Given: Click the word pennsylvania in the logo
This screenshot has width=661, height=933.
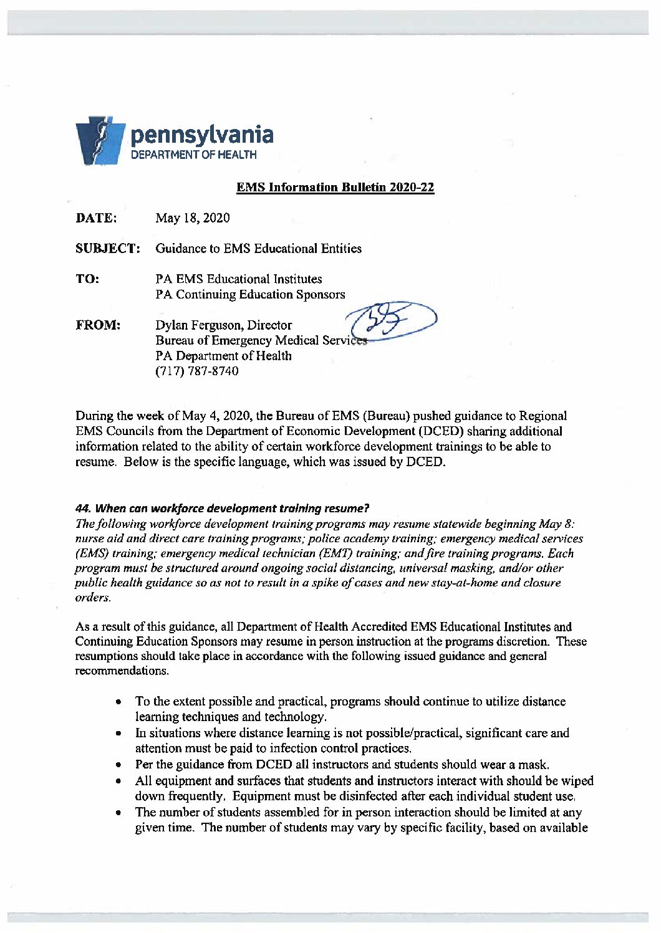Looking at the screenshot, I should point(201,134).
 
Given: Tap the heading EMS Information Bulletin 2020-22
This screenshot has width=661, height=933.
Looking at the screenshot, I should point(335,188).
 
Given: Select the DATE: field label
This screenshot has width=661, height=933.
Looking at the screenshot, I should point(96,218).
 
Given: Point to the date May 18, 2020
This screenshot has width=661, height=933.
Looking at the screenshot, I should point(192,218).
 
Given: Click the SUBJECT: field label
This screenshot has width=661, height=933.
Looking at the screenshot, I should point(107,249).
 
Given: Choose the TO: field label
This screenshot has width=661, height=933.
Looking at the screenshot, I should point(87,279).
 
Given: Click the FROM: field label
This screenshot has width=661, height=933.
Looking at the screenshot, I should point(98,325).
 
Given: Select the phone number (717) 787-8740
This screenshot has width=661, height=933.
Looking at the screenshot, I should point(196,371).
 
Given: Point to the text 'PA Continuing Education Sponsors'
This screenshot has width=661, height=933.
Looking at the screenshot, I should point(250,294).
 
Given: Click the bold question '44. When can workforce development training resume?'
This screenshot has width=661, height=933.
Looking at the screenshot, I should point(223,508).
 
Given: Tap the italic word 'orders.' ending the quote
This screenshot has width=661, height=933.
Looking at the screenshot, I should point(93,598).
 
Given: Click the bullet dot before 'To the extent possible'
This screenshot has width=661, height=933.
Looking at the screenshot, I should point(118,702).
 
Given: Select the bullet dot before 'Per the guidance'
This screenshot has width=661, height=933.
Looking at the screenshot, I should point(118,765).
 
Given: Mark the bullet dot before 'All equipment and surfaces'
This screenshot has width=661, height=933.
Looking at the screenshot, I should point(118,781).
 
